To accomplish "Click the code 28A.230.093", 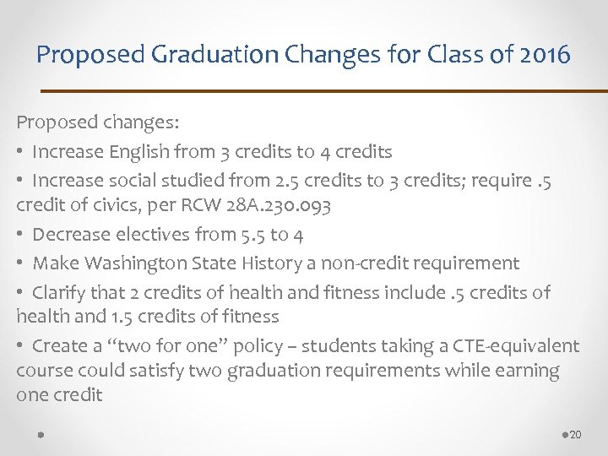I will click(279, 205).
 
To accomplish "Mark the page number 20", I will click(576, 434).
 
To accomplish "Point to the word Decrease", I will click(71, 235).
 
